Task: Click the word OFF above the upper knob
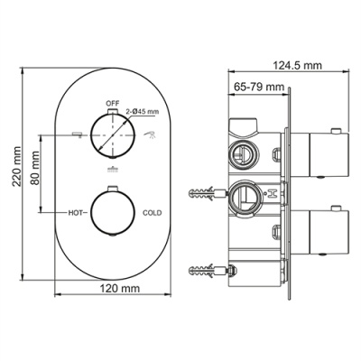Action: click(113, 104)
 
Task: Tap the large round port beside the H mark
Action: click(242, 194)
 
